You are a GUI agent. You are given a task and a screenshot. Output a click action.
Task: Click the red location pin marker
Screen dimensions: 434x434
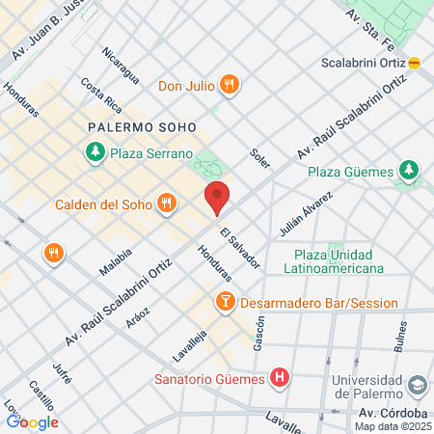point(217,198)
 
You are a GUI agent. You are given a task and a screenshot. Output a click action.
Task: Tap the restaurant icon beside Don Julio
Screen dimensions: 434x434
point(229,84)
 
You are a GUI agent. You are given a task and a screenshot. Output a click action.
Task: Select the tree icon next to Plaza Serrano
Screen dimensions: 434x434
point(95,151)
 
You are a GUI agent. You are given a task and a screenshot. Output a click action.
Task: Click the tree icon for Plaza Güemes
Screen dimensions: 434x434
point(409,172)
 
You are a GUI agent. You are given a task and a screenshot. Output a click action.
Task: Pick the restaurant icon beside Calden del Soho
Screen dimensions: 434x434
point(168,203)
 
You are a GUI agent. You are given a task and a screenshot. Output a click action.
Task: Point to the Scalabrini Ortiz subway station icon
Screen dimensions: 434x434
point(415,64)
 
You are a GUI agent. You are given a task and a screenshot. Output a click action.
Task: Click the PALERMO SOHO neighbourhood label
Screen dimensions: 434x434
point(141,126)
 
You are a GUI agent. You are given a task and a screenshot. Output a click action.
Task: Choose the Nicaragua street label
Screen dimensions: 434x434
point(122,65)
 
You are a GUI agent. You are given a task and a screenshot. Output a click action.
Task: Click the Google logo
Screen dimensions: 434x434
point(32,421)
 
